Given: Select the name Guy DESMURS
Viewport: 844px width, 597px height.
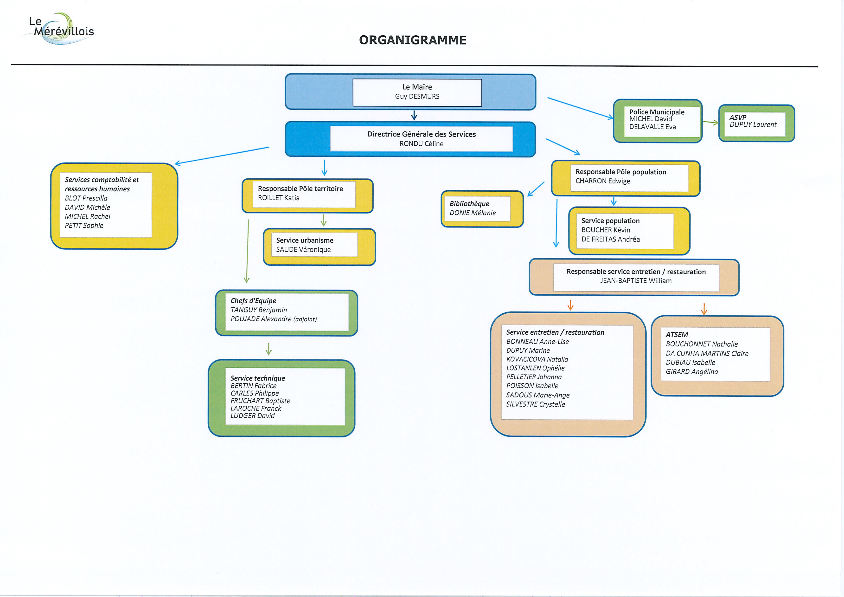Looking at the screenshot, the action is [417, 96].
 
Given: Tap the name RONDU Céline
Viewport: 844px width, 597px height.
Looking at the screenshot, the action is [421, 144].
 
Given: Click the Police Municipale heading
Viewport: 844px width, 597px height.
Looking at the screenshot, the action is [657, 112].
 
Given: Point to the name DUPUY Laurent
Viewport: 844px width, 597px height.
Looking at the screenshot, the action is [753, 125].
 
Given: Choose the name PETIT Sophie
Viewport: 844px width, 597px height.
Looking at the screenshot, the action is [84, 226].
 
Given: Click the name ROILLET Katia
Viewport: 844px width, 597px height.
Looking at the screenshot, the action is [279, 198].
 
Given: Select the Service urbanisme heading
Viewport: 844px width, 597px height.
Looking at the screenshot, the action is [305, 240].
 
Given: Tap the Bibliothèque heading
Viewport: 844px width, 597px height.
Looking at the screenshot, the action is [469, 204].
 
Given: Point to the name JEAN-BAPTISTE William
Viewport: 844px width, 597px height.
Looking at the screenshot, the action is [636, 281].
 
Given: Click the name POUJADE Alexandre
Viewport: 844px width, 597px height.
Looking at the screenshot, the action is [260, 319].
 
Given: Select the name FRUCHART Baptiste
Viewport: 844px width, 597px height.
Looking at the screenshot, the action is [260, 401].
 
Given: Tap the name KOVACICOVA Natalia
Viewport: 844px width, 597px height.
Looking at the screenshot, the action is [537, 359].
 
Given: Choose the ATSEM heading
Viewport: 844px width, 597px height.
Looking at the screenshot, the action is [677, 335].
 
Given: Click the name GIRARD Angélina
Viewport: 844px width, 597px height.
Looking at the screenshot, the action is [692, 372].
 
